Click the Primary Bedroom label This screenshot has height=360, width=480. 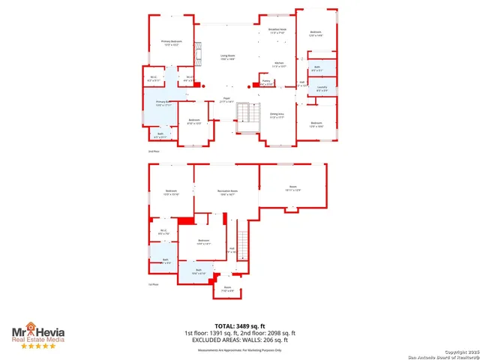point(172,43)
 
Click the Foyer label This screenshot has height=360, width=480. point(226,100)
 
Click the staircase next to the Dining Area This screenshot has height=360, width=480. point(247,113)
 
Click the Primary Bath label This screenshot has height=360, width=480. point(163,103)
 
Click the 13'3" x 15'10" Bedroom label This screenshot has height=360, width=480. point(171,193)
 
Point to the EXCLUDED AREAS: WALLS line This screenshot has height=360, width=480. point(240,339)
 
